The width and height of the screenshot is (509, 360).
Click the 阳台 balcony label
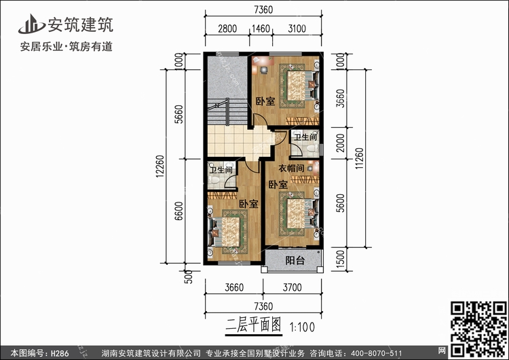click(x=295, y=260)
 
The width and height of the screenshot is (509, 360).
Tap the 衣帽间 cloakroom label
click(x=291, y=168)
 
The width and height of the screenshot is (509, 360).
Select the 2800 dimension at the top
click(x=227, y=29)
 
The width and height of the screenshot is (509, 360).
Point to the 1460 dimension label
click(x=261, y=29)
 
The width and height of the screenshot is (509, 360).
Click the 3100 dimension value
click(x=297, y=29)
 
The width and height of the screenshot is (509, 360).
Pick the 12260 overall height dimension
click(x=160, y=166)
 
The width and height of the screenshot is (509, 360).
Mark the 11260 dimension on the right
click(x=359, y=158)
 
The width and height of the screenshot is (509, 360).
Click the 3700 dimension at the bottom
click(x=292, y=287)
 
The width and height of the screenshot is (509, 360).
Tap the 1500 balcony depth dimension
click(x=340, y=259)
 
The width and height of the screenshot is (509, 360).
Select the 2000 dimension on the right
click(x=340, y=143)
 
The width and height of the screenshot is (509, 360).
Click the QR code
click(x=479, y=329)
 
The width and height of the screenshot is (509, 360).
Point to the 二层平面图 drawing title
click(x=254, y=325)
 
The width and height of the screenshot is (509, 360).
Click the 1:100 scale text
click(x=302, y=327)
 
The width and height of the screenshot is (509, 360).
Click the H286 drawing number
click(x=60, y=353)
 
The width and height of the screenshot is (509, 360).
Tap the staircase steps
click(x=227, y=112)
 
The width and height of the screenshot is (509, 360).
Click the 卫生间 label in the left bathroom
click(x=221, y=170)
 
